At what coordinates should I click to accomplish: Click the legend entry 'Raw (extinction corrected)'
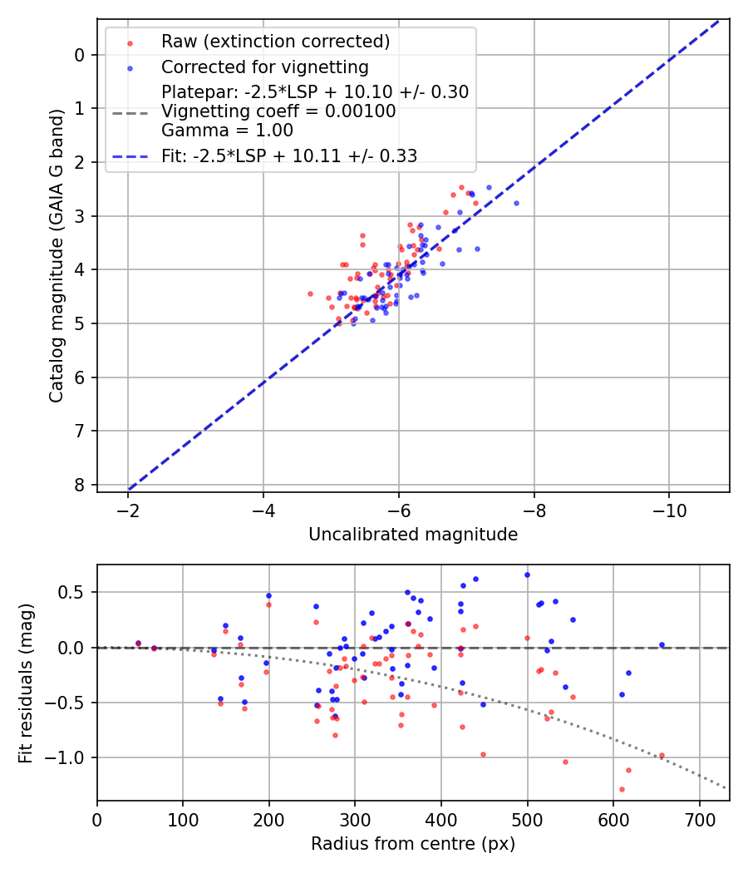pyautogui.click(x=275, y=42)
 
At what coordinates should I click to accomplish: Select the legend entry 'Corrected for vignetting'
pyautogui.click(x=264, y=67)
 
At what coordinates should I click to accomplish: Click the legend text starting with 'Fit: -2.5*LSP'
pyautogui.click(x=289, y=155)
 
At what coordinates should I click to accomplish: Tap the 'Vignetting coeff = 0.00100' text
pyautogui.click(x=278, y=111)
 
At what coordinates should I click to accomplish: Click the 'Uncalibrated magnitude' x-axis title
pyautogui.click(x=413, y=535)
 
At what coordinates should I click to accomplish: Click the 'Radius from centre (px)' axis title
pyautogui.click(x=413, y=844)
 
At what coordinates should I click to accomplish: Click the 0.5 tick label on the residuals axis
pyautogui.click(x=76, y=592)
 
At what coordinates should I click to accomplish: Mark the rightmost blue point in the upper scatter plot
pyautogui.click(x=516, y=203)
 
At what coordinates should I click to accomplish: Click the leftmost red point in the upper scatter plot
pyautogui.click(x=310, y=293)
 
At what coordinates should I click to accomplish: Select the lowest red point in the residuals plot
pyautogui.click(x=622, y=789)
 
